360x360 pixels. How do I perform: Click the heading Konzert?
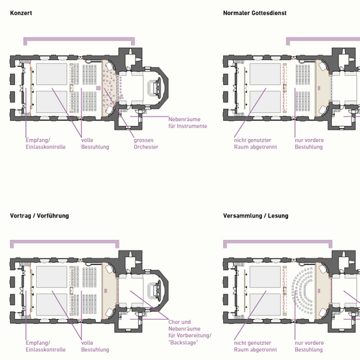pos(21,13)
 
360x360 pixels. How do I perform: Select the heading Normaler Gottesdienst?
pos(255,13)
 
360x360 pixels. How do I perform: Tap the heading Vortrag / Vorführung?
pos(40,216)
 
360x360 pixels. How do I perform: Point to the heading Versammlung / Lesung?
pos(256,216)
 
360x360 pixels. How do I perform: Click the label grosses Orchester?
pos(146,143)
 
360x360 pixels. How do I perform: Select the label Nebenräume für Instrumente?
pos(188,122)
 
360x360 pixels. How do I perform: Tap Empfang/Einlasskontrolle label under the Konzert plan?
pos(45,143)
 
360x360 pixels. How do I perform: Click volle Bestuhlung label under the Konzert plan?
pos(95,143)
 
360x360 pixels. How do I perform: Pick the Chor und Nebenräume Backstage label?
pos(190,332)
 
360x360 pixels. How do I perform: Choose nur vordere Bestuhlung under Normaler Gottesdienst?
pos(309,143)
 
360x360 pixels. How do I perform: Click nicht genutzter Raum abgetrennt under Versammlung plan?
pos(256,346)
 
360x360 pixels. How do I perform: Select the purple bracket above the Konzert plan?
pos(79,38)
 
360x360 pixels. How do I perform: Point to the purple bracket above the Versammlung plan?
pos(278,241)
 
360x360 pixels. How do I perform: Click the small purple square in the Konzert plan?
pos(99,88)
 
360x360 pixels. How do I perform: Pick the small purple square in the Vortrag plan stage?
pos(106,291)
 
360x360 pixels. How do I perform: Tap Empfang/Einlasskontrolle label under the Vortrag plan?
pos(45,346)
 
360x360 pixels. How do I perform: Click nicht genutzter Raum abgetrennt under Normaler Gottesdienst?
pos(256,143)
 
